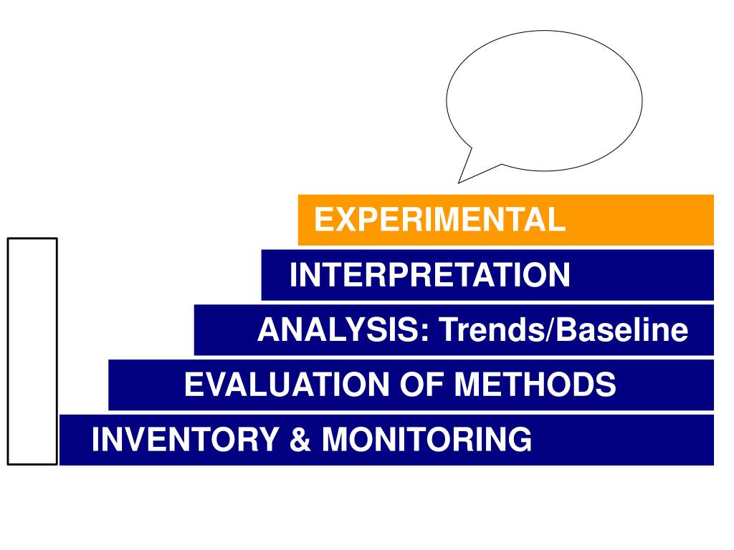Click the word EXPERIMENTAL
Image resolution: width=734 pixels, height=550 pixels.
439,219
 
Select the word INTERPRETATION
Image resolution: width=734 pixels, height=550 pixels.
430,275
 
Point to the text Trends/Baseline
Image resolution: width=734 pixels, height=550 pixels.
563,330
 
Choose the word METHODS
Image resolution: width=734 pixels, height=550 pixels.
535,385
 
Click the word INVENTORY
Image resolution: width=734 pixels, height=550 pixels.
184,439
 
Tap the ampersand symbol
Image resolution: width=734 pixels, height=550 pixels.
299,439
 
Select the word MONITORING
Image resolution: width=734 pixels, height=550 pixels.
426,439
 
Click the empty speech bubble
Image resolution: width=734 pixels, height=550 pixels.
545,100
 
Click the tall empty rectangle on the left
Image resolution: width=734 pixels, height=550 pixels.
32,351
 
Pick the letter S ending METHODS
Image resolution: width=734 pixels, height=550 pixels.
606,385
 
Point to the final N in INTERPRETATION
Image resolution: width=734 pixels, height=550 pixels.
560,275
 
